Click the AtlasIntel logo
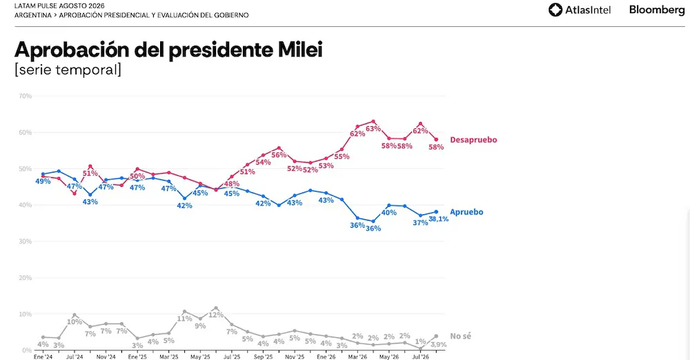[x=580, y=10]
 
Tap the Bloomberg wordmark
[x=657, y=10]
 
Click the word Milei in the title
[x=300, y=50]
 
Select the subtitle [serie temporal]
[x=68, y=70]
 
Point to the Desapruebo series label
[x=473, y=140]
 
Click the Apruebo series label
[x=466, y=212]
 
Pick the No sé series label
[x=460, y=337]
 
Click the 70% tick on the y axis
[x=26, y=96]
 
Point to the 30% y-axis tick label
[x=26, y=241]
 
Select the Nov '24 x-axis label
[x=106, y=357]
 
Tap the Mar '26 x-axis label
[x=357, y=357]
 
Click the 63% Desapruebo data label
[x=373, y=128]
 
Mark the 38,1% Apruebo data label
[x=438, y=219]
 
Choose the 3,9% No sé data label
[x=438, y=345]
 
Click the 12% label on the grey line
[x=216, y=315]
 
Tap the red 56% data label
[x=279, y=155]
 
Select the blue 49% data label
[x=43, y=181]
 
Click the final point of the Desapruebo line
[x=436, y=140]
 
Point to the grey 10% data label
[x=75, y=321]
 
